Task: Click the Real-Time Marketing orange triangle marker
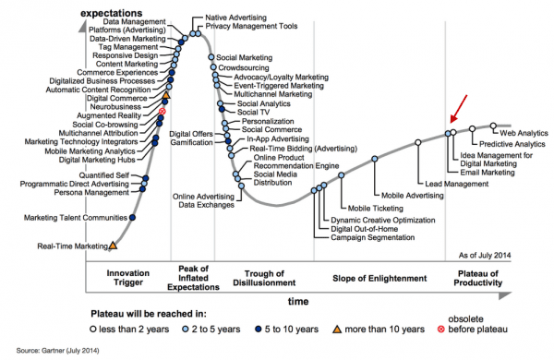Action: coord(113,246)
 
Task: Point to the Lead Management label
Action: coord(455,184)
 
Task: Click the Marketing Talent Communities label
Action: coord(75,218)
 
